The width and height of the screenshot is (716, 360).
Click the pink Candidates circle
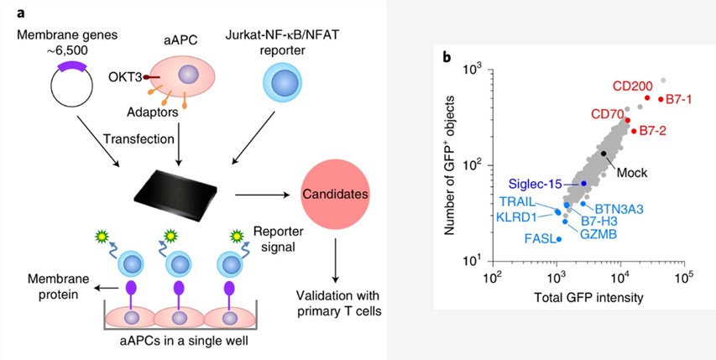pos(335,194)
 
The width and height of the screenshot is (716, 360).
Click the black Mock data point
pos(604,154)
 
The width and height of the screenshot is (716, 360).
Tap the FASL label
pos(540,239)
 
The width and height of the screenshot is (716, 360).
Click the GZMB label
pos(598,234)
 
